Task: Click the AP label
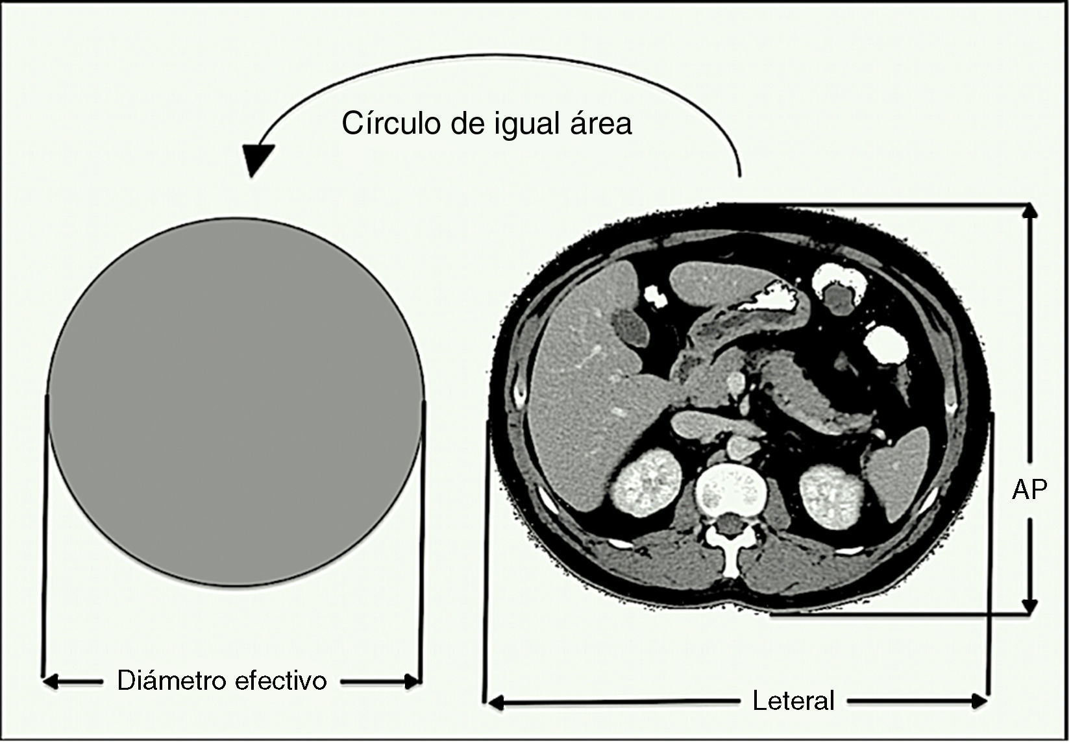pos(1029,490)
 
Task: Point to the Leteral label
pos(793,701)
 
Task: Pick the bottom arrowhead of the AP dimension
pos(1029,607)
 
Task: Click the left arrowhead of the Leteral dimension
pos(496,702)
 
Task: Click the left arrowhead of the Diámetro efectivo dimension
pos(51,682)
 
